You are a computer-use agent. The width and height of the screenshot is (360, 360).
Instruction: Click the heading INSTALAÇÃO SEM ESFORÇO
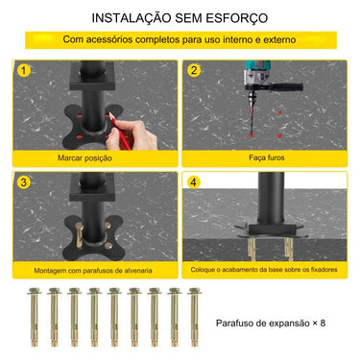click(180, 18)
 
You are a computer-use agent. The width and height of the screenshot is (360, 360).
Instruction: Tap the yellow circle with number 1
click(22, 70)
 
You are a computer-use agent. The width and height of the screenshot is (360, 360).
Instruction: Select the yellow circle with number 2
click(193, 70)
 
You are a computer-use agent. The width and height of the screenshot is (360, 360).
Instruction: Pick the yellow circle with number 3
click(22, 180)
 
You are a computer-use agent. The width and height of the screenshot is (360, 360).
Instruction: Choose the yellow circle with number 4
click(193, 180)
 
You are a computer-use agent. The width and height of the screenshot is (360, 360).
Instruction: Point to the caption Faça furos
click(264, 157)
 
